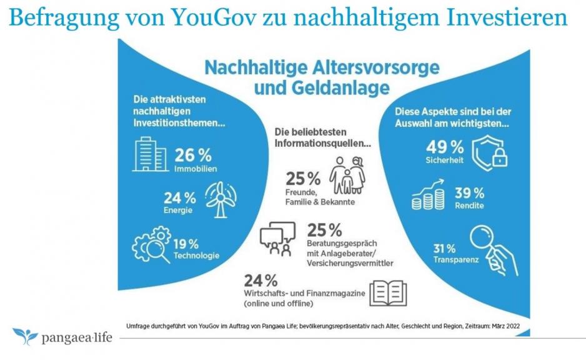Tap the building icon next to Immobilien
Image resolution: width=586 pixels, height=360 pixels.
[x=149, y=155]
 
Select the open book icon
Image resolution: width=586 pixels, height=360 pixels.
[x=387, y=292]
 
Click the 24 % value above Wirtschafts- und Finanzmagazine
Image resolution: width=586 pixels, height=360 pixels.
[x=261, y=279]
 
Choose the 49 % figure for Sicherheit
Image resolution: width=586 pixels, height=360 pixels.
[x=444, y=147]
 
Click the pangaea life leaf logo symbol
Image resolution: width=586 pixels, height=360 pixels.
[x=25, y=336]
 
